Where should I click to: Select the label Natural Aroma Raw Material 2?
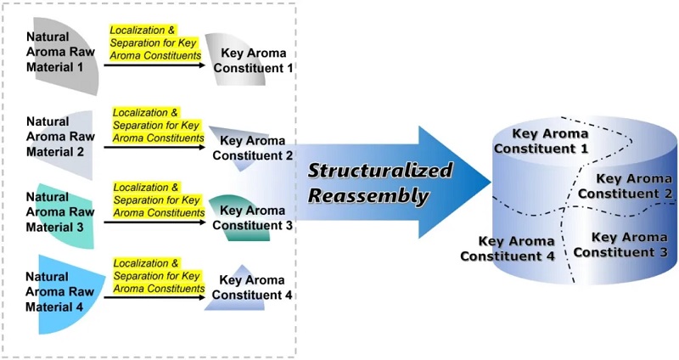(59, 137)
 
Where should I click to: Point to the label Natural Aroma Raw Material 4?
(59, 291)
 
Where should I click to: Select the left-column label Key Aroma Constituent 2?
(253, 148)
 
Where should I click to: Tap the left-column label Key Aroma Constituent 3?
(253, 217)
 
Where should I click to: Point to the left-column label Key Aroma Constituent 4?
(253, 287)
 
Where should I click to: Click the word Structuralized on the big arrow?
(379, 170)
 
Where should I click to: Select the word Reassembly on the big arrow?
(368, 195)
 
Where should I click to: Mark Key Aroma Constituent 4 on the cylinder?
(508, 248)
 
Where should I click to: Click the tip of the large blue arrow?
(489, 181)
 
